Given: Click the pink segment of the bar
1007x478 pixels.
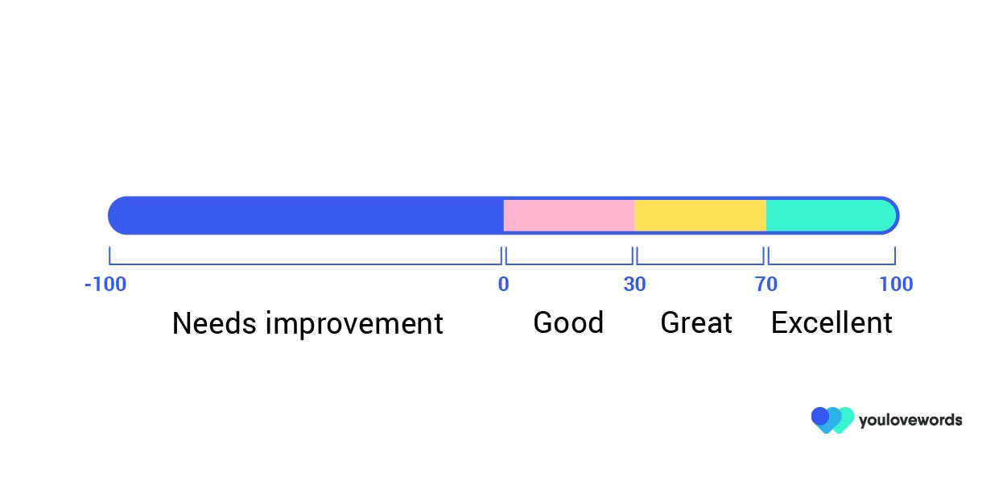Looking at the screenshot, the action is (568, 215).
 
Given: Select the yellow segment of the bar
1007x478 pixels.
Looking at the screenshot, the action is (700, 215).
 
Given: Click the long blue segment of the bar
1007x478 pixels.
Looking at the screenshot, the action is (306, 215).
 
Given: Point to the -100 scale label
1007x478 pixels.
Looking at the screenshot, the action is (105, 285).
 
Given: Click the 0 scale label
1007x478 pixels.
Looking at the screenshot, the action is (504, 285).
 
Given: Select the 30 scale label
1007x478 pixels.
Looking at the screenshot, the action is (634, 285).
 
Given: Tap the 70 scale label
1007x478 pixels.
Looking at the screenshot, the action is (766, 285).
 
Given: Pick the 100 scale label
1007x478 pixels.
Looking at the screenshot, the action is (896, 285).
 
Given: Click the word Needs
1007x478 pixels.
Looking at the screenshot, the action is (214, 323).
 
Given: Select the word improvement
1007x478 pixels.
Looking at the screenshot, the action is (354, 324).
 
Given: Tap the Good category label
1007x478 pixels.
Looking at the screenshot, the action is (568, 322).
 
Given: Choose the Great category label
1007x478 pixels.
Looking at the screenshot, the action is (696, 322).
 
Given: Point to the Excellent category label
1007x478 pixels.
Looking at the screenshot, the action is (832, 322).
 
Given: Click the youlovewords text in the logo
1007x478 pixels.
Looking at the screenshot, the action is (910, 421).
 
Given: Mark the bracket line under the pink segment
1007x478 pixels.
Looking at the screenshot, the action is (568, 264).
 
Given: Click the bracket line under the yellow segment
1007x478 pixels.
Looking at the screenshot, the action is (700, 264).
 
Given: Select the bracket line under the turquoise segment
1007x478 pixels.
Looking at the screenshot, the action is (832, 264).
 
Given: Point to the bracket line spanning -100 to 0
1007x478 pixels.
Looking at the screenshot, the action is (305, 264).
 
